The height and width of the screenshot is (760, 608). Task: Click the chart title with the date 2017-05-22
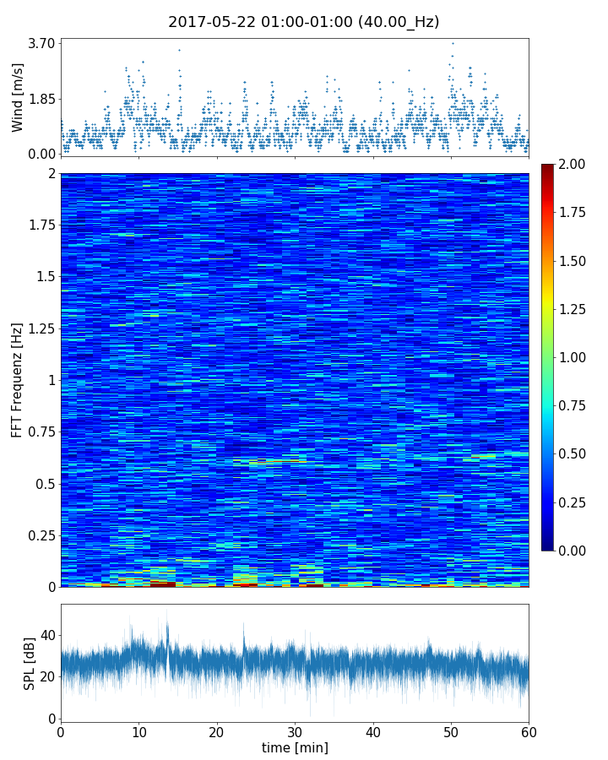(304, 22)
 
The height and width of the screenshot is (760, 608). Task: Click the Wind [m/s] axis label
(18, 97)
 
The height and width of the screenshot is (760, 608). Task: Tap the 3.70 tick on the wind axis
(41, 43)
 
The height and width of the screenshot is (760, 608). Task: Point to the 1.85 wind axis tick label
(41, 98)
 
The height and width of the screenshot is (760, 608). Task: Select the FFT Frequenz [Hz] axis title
(18, 380)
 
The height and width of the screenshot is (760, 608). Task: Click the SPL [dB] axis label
(30, 663)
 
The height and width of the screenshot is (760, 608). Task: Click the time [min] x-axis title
(295, 747)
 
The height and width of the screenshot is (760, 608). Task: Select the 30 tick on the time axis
(295, 731)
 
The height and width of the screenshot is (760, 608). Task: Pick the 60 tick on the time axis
(529, 731)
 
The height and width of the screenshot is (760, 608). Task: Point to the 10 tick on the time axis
(138, 731)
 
